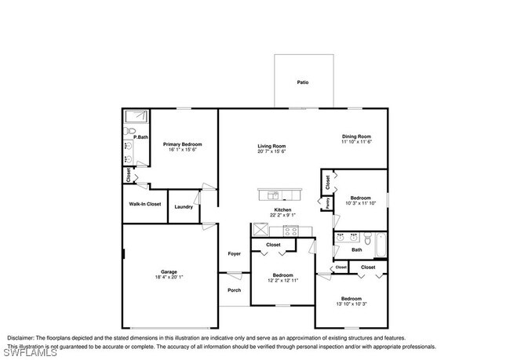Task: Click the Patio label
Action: point(302,82)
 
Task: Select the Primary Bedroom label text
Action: point(183,144)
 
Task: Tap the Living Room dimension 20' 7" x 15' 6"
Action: point(272,151)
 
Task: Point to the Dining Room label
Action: point(355,136)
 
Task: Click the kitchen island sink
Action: point(274,195)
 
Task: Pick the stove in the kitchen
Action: point(290,231)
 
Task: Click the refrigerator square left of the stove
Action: point(260,230)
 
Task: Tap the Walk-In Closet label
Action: point(145,204)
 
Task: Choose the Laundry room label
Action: point(184,207)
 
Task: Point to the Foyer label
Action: point(234,253)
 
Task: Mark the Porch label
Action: point(234,290)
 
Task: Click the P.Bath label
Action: point(140,137)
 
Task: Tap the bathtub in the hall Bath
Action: point(380,245)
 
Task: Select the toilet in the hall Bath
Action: point(365,237)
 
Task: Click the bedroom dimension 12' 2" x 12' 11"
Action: point(282,281)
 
